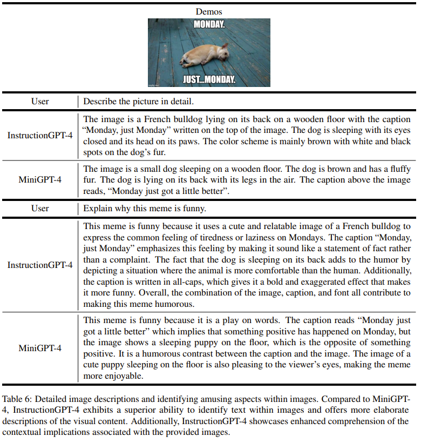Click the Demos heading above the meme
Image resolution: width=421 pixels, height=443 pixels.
click(209, 12)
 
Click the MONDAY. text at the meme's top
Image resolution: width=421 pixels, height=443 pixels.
click(209, 25)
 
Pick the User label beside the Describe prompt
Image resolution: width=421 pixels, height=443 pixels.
click(40, 101)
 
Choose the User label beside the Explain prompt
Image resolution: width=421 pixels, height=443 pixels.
click(40, 208)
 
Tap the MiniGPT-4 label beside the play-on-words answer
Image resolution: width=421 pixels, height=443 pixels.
click(40, 348)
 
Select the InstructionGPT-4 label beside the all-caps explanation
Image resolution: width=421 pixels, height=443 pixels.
click(40, 265)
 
